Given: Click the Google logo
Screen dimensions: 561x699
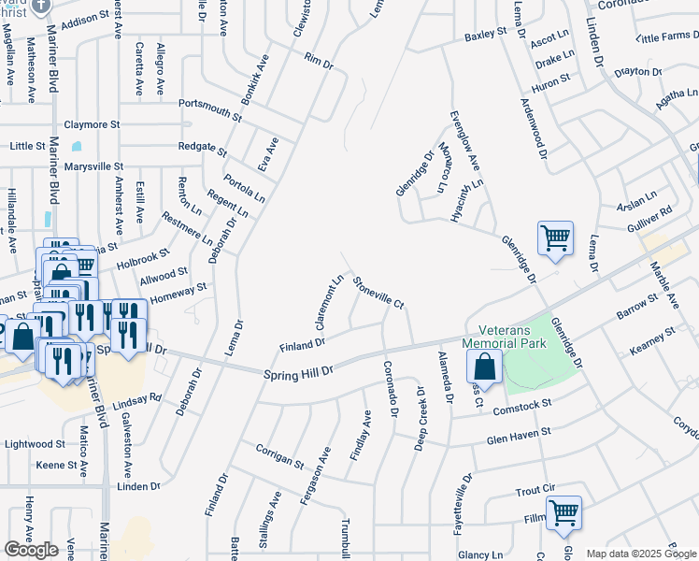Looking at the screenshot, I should [x=31, y=550].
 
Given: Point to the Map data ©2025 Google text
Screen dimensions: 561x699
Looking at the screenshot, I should [x=640, y=554].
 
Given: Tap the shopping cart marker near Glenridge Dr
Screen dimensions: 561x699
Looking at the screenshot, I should [x=555, y=239].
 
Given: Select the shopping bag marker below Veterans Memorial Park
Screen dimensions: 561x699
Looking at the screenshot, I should [x=489, y=367].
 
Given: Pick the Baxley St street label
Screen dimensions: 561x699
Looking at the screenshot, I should [x=485, y=35].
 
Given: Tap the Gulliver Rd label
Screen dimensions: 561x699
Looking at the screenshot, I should [x=650, y=219].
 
